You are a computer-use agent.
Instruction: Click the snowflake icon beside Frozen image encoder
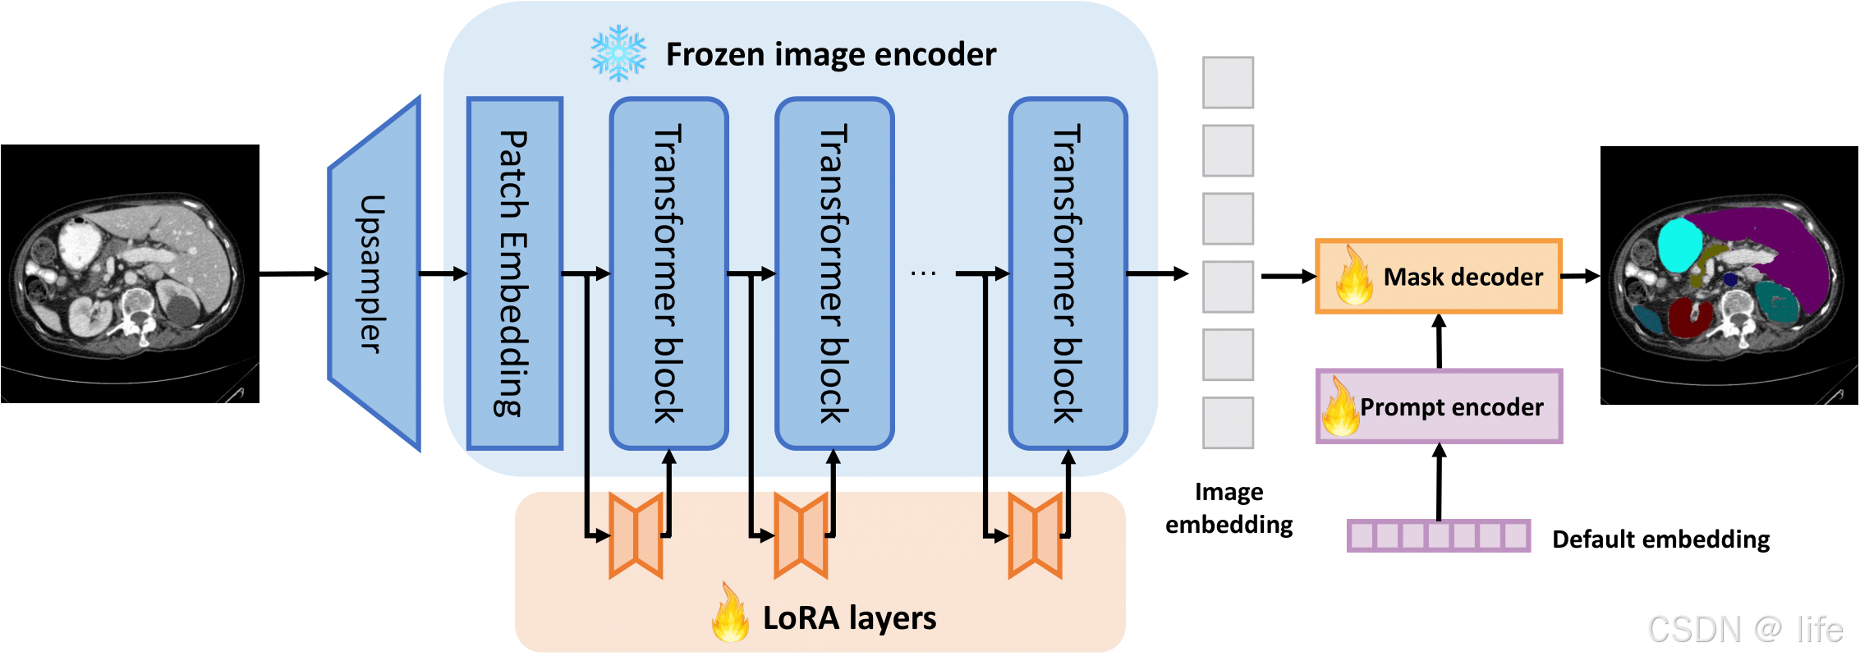pos(618,53)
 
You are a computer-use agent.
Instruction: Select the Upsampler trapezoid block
pos(374,274)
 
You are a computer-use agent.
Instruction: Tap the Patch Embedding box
pos(514,273)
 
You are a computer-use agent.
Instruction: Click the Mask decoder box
pos(1438,277)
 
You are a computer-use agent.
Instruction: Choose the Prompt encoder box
pos(1439,406)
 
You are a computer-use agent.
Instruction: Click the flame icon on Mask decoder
pos(1353,278)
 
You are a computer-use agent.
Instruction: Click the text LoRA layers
pos(849,618)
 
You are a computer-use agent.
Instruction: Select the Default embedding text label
pos(1660,539)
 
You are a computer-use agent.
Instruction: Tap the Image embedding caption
pos(1229,508)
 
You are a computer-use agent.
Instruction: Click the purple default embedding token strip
pos(1438,536)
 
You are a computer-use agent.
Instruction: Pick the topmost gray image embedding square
pos(1228,82)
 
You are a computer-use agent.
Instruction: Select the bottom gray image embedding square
pos(1228,423)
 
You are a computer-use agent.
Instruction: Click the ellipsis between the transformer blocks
pos(923,273)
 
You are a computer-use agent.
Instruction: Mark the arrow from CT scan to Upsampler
pos(293,273)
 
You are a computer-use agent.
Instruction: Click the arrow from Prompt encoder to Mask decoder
pos(1439,341)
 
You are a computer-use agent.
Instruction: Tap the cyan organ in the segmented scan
pos(1679,245)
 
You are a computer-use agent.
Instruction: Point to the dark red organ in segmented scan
pos(1689,318)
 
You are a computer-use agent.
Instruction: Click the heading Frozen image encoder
pos(830,54)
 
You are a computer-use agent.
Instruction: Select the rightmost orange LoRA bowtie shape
pos(1035,535)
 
